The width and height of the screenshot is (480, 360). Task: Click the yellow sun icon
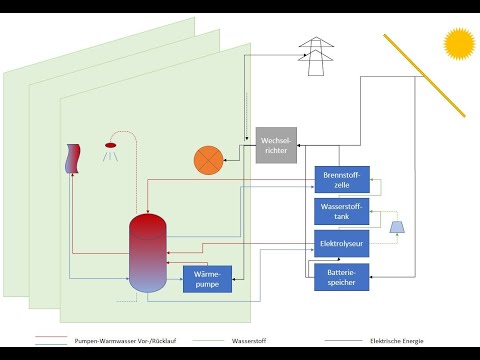[459, 43]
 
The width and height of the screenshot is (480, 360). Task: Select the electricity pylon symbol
[317, 57]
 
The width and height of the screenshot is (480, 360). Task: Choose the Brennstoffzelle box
[342, 179]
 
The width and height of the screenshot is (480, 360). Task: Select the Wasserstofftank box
[342, 211]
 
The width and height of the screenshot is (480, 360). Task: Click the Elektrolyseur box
[342, 243]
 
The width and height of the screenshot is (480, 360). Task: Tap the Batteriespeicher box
[342, 276]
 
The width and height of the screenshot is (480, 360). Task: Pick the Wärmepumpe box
[207, 279]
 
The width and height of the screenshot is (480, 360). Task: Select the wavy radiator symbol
[71, 159]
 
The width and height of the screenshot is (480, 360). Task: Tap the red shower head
[109, 146]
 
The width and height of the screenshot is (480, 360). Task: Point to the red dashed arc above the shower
[122, 133]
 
